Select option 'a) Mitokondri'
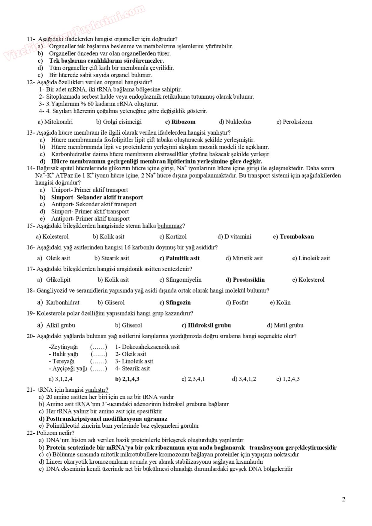click(x=55, y=122)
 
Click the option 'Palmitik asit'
click(x=182, y=258)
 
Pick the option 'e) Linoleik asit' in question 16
click(x=311, y=258)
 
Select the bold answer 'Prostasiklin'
click(x=249, y=280)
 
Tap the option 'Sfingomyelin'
click(x=183, y=280)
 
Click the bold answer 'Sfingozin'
click(x=178, y=303)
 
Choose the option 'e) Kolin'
click(x=280, y=303)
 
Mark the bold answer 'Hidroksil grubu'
click(x=209, y=325)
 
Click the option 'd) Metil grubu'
click(x=285, y=325)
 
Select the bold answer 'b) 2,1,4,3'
click(x=127, y=379)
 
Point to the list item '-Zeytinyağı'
click(x=63, y=347)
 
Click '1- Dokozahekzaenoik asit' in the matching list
click(x=148, y=347)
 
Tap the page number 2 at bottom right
click(x=343, y=499)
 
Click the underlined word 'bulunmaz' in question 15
click(x=169, y=226)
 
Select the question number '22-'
click(x=31, y=433)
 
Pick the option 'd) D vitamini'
click(x=234, y=237)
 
